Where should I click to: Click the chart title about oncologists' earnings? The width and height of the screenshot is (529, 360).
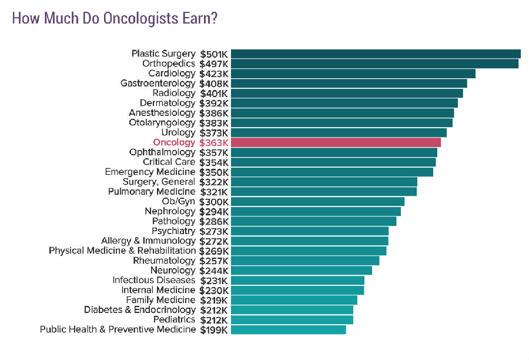point(115,18)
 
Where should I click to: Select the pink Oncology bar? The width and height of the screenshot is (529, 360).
point(336,142)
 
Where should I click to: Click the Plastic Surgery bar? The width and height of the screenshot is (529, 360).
point(376,54)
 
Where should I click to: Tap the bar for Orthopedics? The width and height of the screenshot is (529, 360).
point(374,64)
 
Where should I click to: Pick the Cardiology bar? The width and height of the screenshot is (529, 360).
point(353,74)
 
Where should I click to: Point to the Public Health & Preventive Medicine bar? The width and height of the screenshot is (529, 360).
point(288,329)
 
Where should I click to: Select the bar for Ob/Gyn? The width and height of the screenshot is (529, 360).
point(317,201)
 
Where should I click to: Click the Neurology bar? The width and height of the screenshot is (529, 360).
point(301,271)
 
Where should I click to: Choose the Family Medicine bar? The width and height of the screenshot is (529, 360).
point(294,300)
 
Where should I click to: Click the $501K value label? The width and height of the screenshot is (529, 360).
point(213,54)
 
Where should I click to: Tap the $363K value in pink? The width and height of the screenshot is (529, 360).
point(213,142)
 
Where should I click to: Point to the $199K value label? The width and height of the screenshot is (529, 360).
point(213,329)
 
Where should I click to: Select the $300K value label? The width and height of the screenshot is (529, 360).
point(213,201)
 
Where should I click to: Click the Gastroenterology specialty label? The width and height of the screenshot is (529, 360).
point(158,84)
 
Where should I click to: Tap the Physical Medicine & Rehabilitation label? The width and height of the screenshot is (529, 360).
point(122,251)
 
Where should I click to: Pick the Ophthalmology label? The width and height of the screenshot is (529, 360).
point(162,152)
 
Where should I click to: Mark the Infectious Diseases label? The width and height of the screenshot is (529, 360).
point(153,280)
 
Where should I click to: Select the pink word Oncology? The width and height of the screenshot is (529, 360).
point(174,142)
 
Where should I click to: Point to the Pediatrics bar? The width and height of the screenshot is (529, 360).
point(292,319)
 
